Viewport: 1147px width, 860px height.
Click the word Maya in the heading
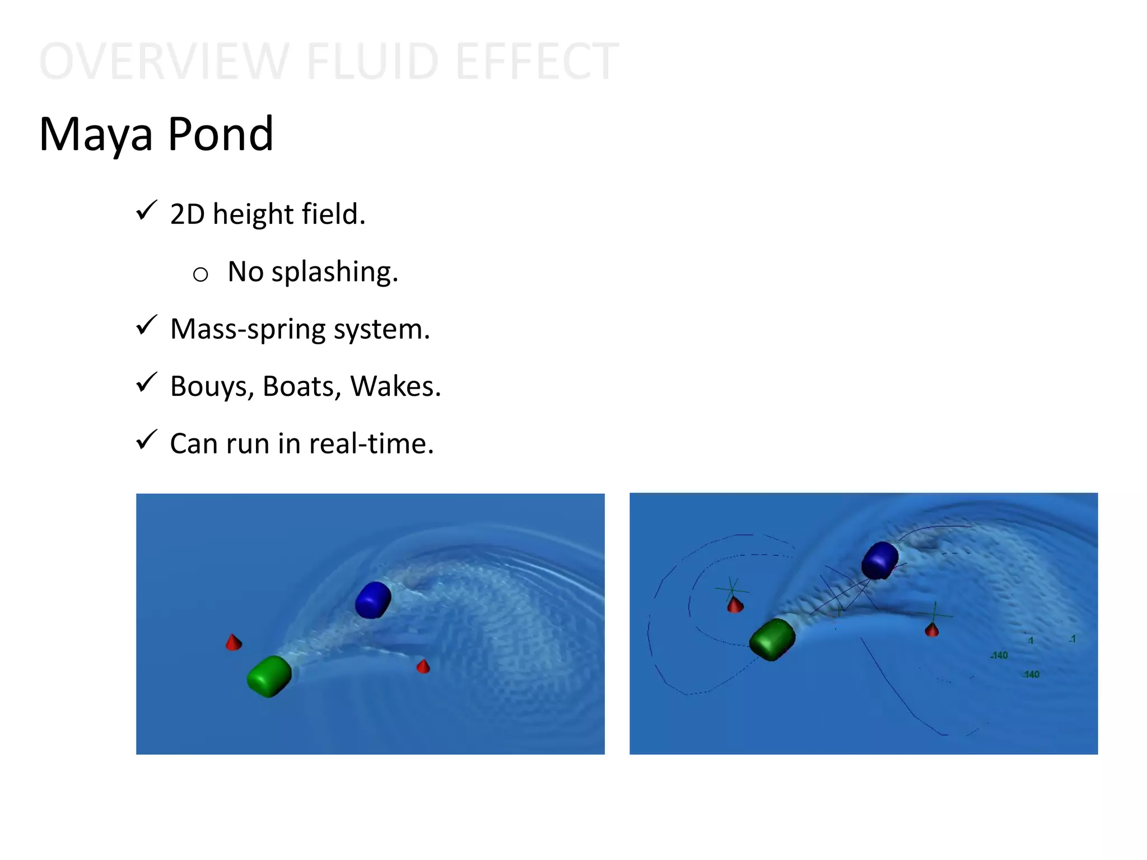[96, 134]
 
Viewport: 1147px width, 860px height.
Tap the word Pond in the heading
[220, 134]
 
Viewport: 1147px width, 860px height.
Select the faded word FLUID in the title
[372, 62]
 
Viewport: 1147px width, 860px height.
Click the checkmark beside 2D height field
[147, 211]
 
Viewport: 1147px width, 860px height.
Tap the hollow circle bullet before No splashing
[201, 274]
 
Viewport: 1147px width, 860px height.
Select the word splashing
[334, 273]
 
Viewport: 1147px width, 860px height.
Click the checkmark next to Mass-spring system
[147, 326]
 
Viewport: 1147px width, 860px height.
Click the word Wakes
[395, 386]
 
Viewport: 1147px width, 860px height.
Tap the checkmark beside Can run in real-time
[147, 440]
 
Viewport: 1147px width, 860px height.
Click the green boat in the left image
[269, 676]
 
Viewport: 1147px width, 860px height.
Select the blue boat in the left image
[373, 600]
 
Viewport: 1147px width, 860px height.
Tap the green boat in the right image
[772, 639]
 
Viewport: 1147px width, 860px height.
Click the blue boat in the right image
[880, 560]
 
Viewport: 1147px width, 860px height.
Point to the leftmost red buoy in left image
[234, 642]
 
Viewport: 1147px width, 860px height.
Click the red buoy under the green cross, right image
[735, 605]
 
